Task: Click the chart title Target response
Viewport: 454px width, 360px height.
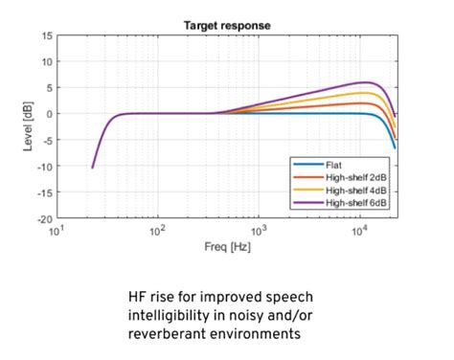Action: coord(226,23)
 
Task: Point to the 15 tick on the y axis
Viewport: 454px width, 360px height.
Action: coord(45,35)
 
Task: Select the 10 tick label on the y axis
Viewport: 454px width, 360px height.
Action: coord(45,61)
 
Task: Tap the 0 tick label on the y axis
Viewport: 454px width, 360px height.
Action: coord(48,114)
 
